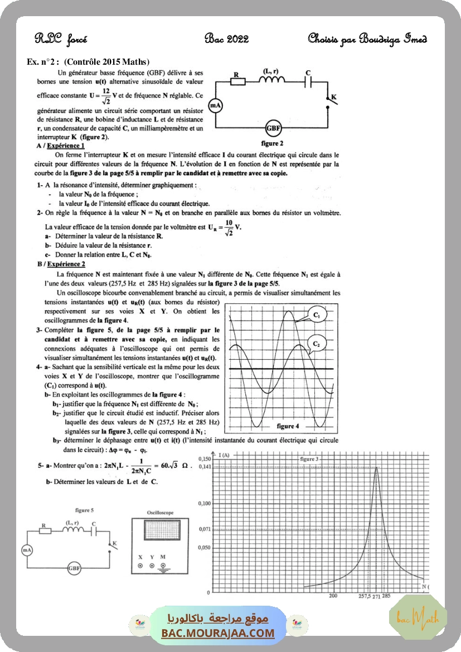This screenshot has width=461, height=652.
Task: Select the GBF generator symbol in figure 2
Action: [x=273, y=129]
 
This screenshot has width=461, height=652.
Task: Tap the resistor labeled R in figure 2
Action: [x=239, y=82]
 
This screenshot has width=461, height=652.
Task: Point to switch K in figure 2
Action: [x=329, y=102]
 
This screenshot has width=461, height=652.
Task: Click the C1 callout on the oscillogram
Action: [x=316, y=316]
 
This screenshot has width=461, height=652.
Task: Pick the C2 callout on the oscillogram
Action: [x=316, y=344]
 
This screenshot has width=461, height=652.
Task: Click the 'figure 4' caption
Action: [x=288, y=426]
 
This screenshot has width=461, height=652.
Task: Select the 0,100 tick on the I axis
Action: [x=205, y=504]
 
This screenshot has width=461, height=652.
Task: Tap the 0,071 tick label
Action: [x=205, y=529]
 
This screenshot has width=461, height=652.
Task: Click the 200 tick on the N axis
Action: [x=333, y=596]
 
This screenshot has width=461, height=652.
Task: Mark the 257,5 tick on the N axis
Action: [x=365, y=596]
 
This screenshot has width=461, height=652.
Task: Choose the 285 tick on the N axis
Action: [x=386, y=596]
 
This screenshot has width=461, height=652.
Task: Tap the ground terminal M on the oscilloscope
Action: [x=163, y=566]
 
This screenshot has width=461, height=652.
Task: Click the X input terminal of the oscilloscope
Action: [x=140, y=566]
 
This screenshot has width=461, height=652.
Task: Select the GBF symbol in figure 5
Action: [x=74, y=568]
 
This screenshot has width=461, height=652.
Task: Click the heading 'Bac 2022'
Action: [x=226, y=39]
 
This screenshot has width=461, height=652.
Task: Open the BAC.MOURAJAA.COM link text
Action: [x=218, y=633]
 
